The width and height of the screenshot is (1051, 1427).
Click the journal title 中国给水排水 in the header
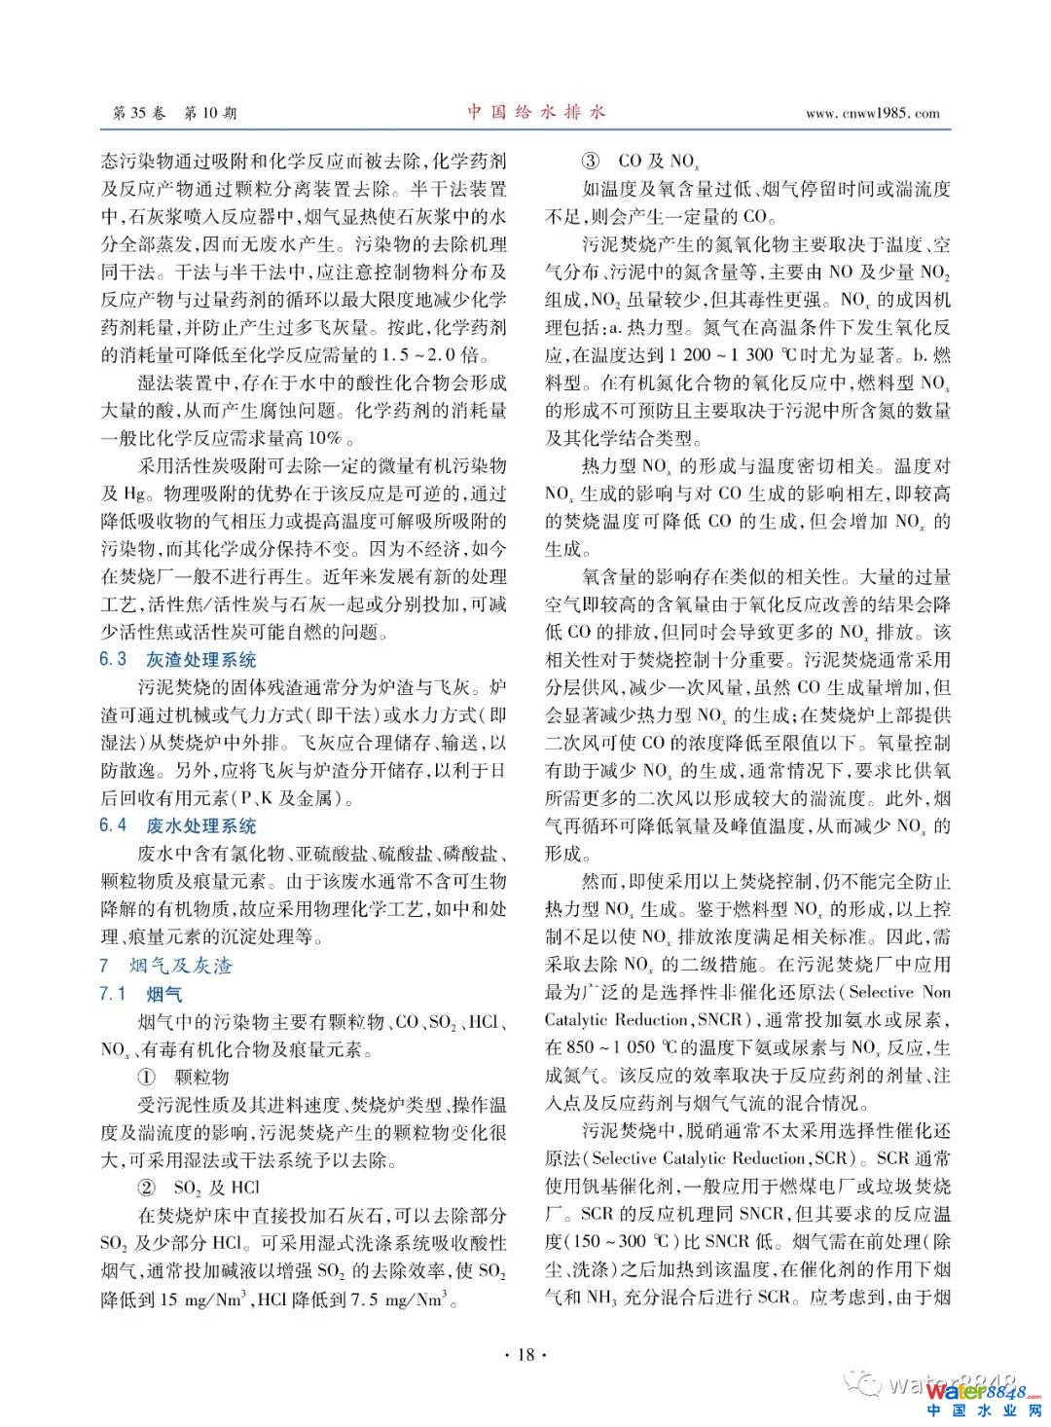(x=535, y=112)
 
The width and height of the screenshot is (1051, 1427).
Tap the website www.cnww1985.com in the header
(x=872, y=113)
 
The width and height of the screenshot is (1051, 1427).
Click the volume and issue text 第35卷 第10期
(x=174, y=113)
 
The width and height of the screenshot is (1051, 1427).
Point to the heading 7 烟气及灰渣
(x=166, y=966)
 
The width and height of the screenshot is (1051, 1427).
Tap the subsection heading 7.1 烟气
(x=141, y=994)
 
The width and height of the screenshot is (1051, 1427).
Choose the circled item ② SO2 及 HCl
(x=199, y=1188)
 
